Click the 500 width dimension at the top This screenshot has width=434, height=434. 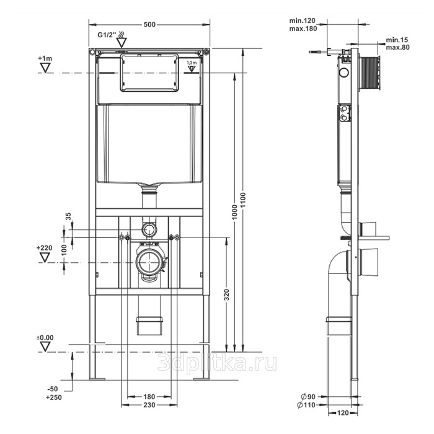coord(149,25)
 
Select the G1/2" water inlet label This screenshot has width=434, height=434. coord(107,35)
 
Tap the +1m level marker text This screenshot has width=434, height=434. coord(45,58)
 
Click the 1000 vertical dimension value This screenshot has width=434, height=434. coord(235,212)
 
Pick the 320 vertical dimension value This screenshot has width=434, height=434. coord(227,294)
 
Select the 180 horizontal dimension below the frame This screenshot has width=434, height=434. coord(149,397)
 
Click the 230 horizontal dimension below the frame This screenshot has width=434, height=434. coord(149,405)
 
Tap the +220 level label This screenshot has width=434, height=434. coord(44,248)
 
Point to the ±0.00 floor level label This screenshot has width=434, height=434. coord(45,338)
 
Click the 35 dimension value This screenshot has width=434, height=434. coord(68,216)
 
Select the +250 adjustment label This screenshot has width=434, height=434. coord(54,397)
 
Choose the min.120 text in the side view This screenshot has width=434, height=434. coord(303,20)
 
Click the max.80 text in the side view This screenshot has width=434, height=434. coord(398,47)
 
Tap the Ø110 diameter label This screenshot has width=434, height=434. coord(306,405)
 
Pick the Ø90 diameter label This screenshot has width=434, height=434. coord(308,397)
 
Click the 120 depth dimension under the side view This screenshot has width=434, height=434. coord(343,413)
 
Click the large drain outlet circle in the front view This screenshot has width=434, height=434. coord(149,262)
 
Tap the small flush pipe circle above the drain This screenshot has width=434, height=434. coord(149,229)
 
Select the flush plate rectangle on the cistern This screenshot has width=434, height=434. coord(149,73)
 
